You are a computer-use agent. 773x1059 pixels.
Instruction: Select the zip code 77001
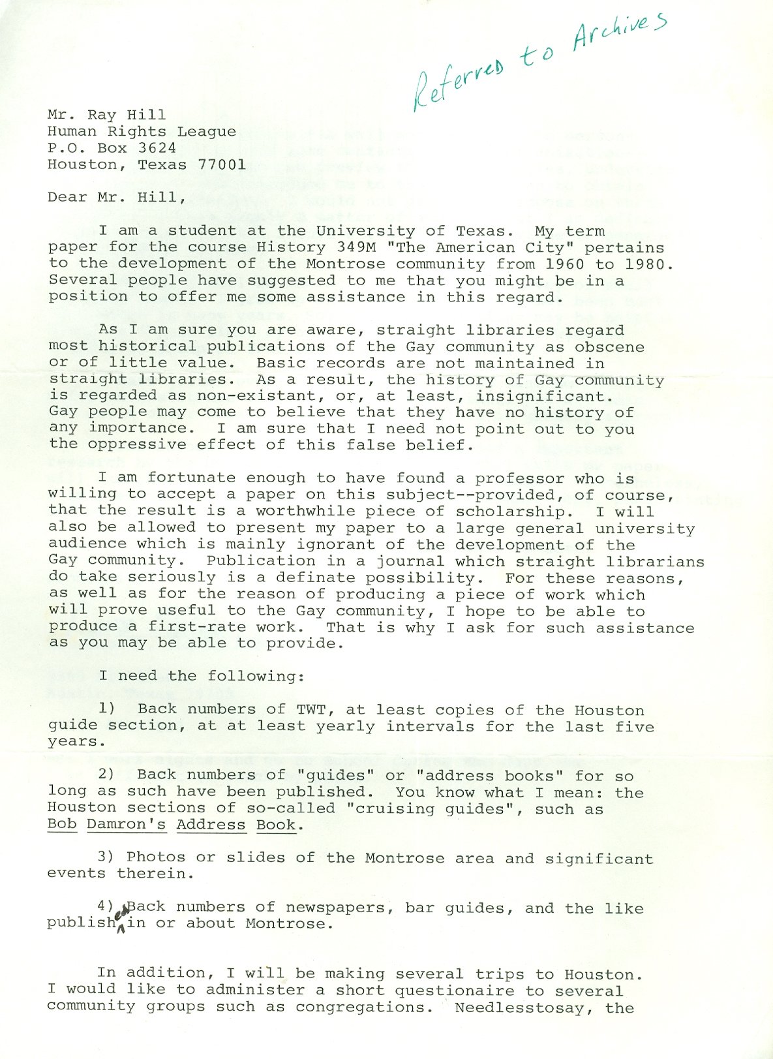click(222, 164)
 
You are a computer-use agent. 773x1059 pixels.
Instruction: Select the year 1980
click(649, 264)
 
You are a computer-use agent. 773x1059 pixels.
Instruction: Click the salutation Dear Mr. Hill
click(112, 197)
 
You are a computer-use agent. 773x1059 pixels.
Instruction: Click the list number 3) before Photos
click(107, 857)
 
